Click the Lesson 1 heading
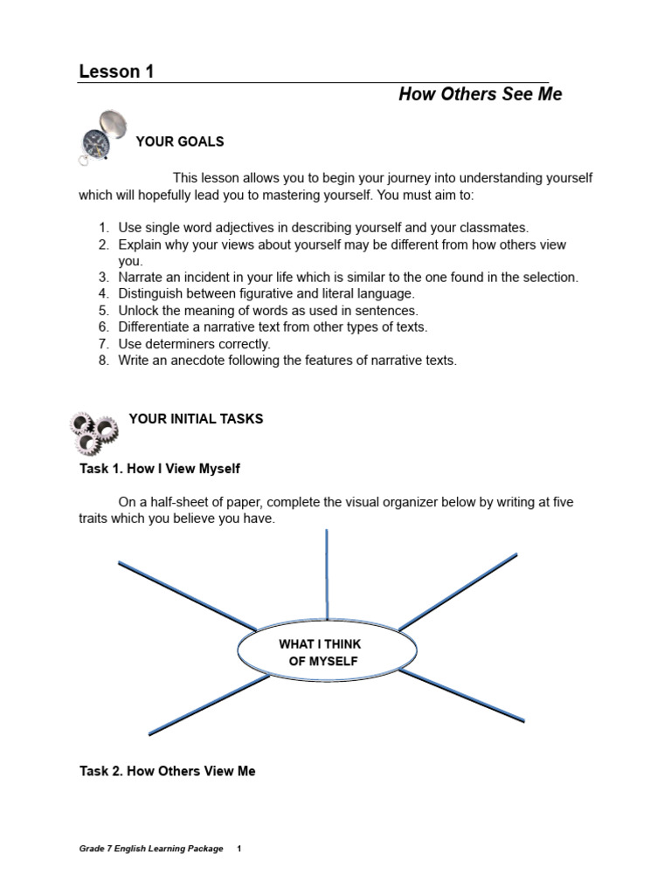tap(116, 72)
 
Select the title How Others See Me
tap(480, 94)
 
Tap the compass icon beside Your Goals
tap(99, 136)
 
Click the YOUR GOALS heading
tap(180, 141)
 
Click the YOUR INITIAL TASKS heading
tap(196, 419)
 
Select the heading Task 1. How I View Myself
tap(159, 469)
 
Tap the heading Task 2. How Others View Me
tap(167, 772)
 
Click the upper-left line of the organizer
tap(187, 595)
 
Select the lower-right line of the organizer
tap(462, 696)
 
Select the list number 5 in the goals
tap(103, 310)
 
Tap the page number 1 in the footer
tap(239, 849)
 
